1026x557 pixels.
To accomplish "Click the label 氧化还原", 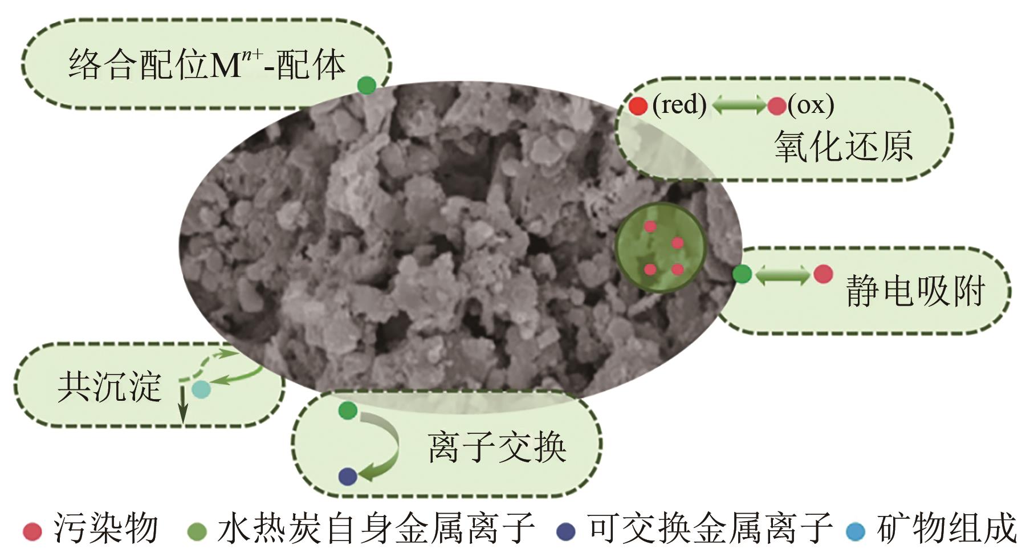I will click(843, 146).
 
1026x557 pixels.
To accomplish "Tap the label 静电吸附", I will click(915, 291).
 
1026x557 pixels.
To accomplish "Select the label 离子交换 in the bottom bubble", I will click(496, 447).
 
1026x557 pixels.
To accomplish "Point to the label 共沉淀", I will click(109, 387).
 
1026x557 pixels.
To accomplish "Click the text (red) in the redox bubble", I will click(679, 105).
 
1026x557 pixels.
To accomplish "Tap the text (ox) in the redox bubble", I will click(811, 105).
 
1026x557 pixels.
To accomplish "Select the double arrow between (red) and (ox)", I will click(739, 105).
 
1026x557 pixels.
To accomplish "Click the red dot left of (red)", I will click(638, 105).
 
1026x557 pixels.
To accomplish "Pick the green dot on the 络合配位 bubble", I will click(367, 86).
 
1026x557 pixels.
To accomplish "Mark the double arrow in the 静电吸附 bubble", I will click(782, 275).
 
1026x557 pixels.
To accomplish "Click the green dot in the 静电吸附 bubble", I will click(742, 274).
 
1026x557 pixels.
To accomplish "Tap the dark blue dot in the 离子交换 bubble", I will click(348, 476).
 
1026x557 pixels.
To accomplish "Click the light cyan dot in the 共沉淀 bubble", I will click(201, 390).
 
